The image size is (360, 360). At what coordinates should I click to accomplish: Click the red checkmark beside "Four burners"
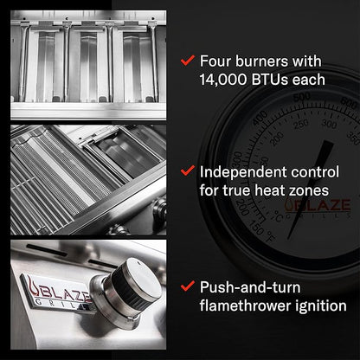tap(188, 61)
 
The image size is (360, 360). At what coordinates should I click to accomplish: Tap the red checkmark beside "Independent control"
tap(188, 170)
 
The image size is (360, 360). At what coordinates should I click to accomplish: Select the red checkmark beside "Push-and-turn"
tap(188, 286)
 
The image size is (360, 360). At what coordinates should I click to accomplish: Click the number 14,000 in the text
tap(223, 80)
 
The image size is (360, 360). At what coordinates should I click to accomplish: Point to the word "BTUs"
tap(270, 80)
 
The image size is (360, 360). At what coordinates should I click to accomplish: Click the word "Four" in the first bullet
tap(215, 61)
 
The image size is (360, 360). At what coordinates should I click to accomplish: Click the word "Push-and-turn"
tap(250, 288)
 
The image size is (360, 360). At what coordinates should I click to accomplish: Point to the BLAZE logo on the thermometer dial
tap(318, 206)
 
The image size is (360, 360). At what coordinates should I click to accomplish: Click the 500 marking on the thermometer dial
tap(302, 97)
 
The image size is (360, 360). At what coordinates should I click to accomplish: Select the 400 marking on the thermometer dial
tap(260, 118)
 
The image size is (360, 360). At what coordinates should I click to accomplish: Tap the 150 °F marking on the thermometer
tap(261, 232)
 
